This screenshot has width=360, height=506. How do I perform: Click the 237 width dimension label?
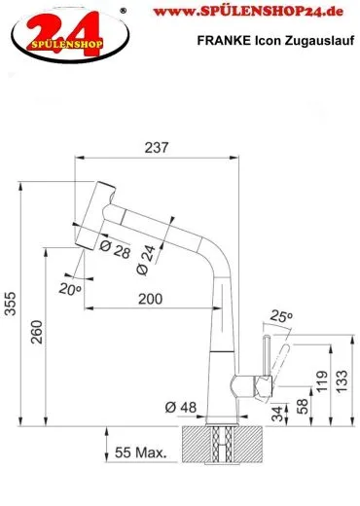157,148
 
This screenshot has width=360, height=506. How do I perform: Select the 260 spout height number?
37,332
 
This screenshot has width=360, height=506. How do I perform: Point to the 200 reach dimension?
150,299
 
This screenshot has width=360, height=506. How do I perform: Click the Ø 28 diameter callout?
115,250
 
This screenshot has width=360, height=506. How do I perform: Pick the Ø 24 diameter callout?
146,261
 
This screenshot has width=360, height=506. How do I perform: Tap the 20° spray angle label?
70,289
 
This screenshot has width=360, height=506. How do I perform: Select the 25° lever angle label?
281,315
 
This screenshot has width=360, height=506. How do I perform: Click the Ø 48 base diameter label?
181,407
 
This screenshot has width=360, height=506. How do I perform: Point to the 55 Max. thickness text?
141,452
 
